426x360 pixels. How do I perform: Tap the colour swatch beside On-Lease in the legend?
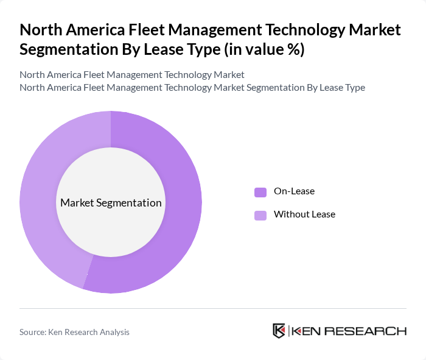[x=260, y=192]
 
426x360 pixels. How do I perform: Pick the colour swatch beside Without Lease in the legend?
[x=260, y=215]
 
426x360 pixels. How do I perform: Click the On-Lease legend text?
[x=294, y=191]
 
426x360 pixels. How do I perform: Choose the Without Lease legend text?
[x=304, y=214]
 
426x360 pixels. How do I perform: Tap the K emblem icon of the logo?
[x=279, y=331]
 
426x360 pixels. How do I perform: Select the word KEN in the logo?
[x=307, y=331]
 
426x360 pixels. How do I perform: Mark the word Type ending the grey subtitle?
[x=354, y=87]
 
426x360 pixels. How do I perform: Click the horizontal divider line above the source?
[x=213, y=308]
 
